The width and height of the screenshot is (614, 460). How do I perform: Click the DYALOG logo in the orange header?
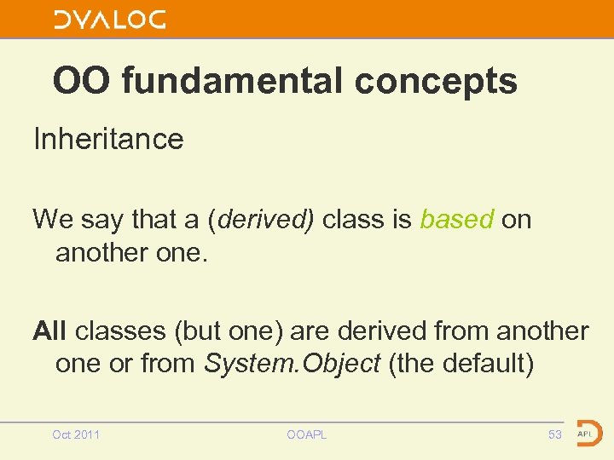pos(110,20)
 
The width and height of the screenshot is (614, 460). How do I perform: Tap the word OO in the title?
pos(82,82)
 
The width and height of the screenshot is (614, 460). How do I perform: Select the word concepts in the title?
pos(436,82)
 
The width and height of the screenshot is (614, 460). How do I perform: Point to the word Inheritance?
pos(108,139)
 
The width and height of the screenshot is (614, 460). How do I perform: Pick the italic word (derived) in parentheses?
pos(260,220)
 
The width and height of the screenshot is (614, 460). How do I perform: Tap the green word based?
pos(456,220)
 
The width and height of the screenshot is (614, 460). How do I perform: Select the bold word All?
pos(50,331)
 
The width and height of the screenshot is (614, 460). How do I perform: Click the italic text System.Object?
pos(292,365)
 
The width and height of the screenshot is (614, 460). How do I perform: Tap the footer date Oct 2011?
pos(76,435)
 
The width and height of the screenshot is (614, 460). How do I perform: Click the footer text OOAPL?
pos(307,435)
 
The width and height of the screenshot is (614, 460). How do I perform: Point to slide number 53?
pos(555,435)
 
